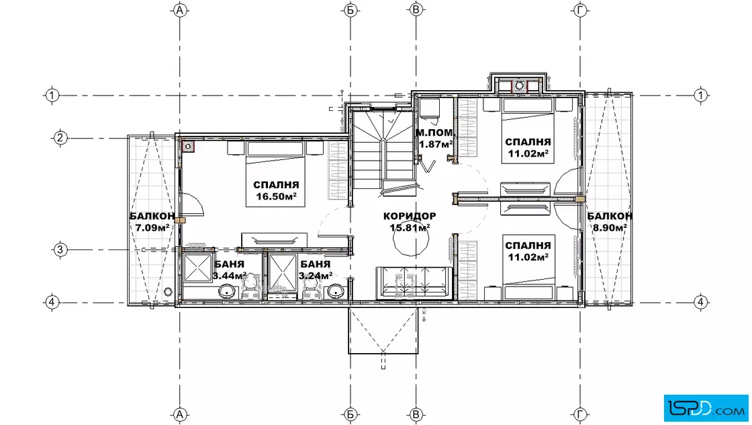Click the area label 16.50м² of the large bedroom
tap(276, 196)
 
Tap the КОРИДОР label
tap(410, 216)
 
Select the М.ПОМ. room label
tap(434, 132)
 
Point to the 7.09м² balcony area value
tap(152, 227)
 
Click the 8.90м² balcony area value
tap(610, 227)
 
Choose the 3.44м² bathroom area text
tap(229, 276)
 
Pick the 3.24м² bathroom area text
tap(316, 276)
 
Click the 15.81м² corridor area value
tap(410, 227)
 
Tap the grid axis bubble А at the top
tap(180, 10)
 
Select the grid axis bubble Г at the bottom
tap(580, 414)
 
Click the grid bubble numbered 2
tap(60, 139)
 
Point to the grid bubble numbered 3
tap(60, 249)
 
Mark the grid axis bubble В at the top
tap(416, 10)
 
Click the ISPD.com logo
tap(706, 408)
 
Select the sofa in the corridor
tap(414, 283)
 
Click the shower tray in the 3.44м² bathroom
tap(197, 268)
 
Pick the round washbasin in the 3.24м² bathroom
tap(336, 291)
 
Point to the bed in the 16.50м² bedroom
tap(276, 174)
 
